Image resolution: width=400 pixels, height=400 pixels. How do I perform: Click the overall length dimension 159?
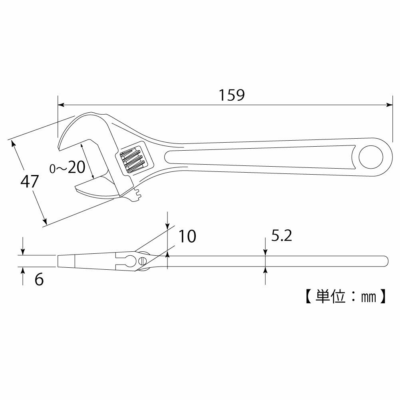point(232,95)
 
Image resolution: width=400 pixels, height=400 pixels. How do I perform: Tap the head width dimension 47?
point(30,181)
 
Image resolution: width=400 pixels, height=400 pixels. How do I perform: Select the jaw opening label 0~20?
point(68,167)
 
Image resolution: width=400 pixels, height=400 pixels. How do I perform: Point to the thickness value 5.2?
point(281,235)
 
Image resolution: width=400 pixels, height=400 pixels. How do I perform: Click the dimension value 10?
point(187,236)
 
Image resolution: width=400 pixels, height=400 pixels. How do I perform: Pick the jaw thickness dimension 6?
point(39,280)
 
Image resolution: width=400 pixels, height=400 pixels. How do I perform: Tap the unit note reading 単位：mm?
point(346,297)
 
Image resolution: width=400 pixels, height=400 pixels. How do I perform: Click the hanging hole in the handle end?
point(371,157)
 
